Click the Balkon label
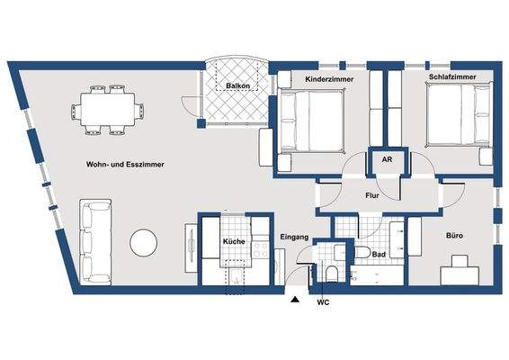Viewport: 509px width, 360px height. click(x=237, y=86)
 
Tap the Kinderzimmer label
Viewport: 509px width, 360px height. click(x=328, y=80)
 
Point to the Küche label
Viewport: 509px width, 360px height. click(x=234, y=243)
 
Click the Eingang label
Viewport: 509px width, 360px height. click(x=294, y=237)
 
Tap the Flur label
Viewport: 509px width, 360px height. click(x=374, y=194)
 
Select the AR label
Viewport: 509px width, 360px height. click(x=386, y=159)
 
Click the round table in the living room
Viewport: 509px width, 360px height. click(x=144, y=241)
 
